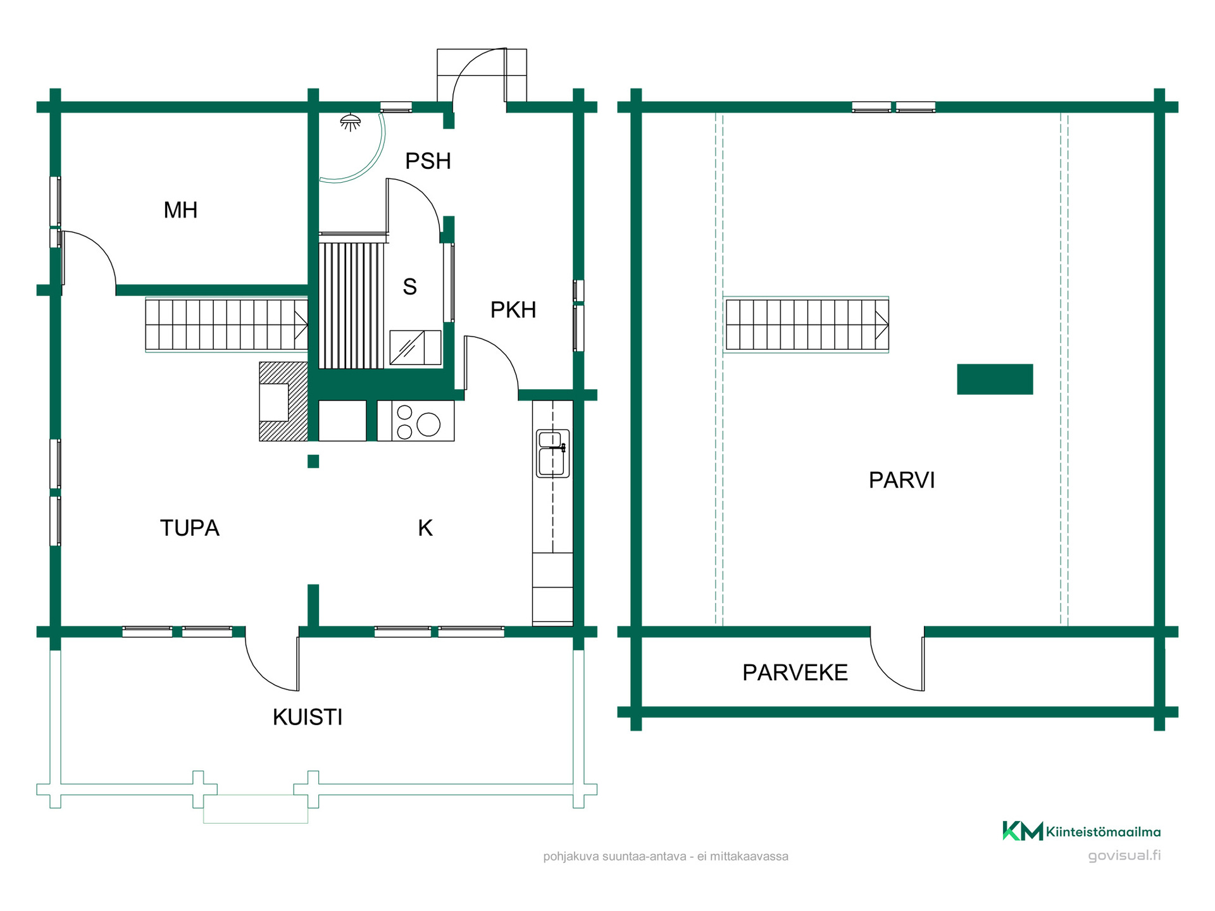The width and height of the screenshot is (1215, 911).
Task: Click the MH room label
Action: point(180,210)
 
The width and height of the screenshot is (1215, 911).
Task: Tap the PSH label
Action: point(428,161)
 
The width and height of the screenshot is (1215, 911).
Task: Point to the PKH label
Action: point(513,310)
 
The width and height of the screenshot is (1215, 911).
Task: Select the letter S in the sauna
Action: point(410,287)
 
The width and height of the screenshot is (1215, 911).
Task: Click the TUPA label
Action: point(189,528)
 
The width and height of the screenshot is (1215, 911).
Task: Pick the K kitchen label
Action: point(425,528)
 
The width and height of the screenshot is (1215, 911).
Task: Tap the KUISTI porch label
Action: point(308,717)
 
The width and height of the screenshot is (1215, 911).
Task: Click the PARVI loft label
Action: point(902,480)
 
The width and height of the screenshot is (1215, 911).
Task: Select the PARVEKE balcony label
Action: point(795,672)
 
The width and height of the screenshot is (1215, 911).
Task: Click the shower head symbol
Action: point(350,122)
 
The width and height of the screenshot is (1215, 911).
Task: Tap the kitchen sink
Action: point(552,453)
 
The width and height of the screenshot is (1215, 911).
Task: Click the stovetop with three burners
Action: point(416,421)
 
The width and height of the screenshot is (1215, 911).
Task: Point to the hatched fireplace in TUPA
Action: point(283,401)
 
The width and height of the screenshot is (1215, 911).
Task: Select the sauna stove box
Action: point(415,347)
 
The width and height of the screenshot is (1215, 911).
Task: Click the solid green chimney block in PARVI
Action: point(995,379)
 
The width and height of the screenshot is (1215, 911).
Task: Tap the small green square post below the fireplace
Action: point(313,461)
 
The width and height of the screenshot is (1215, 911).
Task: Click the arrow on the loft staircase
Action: point(882,325)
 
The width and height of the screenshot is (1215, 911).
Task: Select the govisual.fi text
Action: point(1125,855)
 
